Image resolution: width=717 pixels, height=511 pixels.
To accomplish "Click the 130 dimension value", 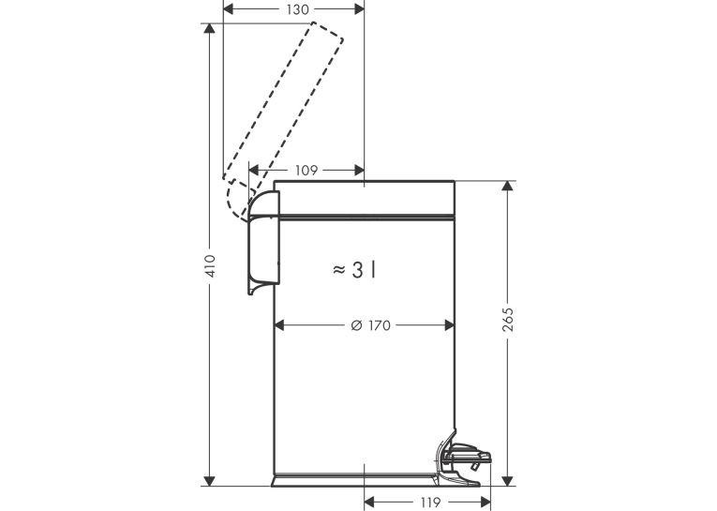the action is pos(298,9).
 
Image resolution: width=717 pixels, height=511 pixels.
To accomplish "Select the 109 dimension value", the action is pos(306,171).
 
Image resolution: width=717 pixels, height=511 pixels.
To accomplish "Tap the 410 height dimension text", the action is pos(210,265).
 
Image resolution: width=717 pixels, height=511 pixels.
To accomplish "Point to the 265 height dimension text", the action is pos(508,320).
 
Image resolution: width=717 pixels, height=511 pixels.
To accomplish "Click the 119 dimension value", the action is pos(430,503).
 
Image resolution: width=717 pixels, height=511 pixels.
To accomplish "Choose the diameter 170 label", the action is pos(371,325).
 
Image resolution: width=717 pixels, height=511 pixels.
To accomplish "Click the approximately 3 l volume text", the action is pos(355,270).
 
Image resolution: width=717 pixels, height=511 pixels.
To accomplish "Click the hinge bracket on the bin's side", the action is pos(263,243).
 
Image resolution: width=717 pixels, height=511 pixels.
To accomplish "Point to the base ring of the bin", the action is pos(354,480).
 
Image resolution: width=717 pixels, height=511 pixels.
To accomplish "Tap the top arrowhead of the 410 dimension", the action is pos(209,28).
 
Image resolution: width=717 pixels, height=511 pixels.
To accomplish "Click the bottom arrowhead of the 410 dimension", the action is pos(209,481).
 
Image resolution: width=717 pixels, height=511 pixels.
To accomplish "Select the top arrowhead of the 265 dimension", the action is pos(507,187).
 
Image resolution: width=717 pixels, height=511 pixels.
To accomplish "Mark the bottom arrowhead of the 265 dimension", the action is pos(507,481).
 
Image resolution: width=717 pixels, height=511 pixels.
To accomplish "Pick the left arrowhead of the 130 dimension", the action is pos(228,9).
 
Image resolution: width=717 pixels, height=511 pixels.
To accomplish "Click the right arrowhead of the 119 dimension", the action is pos(485,503).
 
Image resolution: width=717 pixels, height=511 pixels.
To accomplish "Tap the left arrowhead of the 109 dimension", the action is pos(254,171).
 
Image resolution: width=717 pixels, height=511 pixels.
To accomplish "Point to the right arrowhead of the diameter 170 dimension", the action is pos(450,325).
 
